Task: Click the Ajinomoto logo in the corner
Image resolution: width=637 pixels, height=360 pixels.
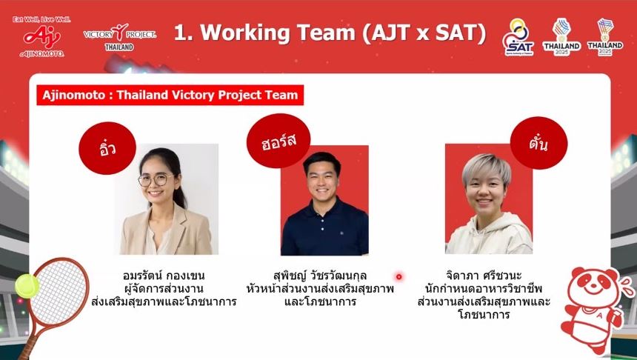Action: (x=41, y=37)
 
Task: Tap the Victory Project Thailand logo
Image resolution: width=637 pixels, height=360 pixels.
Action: (x=120, y=37)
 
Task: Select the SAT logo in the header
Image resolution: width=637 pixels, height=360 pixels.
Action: (x=518, y=37)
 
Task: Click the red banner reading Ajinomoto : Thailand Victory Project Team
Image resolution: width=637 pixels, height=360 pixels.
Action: (x=170, y=95)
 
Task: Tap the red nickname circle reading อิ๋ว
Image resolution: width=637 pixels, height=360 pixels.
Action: (x=107, y=148)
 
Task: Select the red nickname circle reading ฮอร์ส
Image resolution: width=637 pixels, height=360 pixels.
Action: (x=279, y=141)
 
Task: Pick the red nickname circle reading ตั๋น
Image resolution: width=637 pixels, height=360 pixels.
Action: (x=538, y=143)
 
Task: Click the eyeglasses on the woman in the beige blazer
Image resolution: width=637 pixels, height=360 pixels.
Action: (x=153, y=179)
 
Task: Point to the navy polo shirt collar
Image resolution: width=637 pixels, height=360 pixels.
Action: (x=324, y=205)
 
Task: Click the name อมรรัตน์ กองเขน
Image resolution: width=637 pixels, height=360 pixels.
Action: (x=164, y=276)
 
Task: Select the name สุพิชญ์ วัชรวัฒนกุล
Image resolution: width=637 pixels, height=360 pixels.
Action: (x=320, y=276)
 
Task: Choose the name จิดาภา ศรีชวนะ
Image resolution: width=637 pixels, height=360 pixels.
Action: (x=484, y=276)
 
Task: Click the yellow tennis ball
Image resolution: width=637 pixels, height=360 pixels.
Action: (x=27, y=286)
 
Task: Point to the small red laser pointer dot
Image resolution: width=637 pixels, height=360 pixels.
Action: (x=399, y=277)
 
